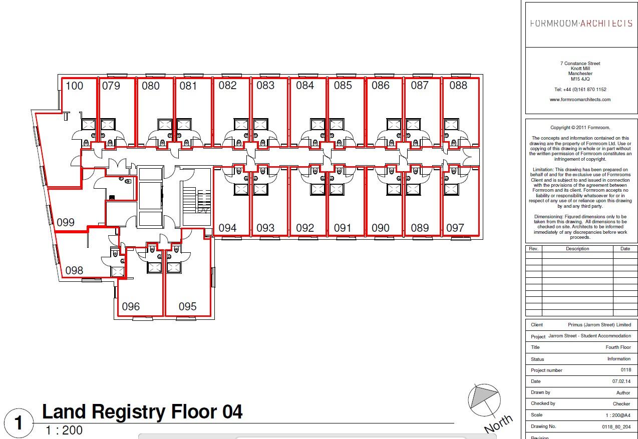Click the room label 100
point(74,86)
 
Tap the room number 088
point(458,86)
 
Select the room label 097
point(455,228)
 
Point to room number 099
point(66,222)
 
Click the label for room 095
point(187,306)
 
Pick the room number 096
point(131,306)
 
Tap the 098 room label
point(74,271)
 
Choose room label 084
point(304,86)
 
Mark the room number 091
point(343,228)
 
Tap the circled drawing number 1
point(19,423)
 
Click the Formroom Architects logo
point(580,24)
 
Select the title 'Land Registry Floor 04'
point(142,412)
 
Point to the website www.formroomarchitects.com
point(580,100)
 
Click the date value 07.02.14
point(621,381)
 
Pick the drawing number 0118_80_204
point(616,426)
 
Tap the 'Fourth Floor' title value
point(618,347)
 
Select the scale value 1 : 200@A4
point(618,415)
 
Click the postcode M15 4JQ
point(580,79)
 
